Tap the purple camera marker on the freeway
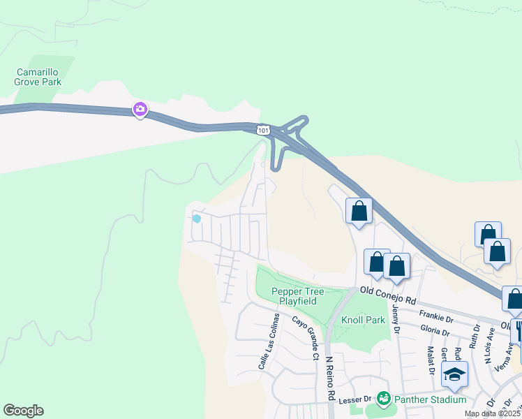click(x=140, y=109)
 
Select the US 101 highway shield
click(x=262, y=130)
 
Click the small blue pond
click(x=197, y=219)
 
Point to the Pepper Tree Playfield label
click(x=294, y=296)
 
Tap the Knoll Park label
click(x=363, y=320)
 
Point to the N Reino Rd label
click(x=329, y=378)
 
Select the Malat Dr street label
click(x=431, y=360)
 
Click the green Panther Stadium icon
click(x=382, y=399)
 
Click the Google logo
click(x=23, y=411)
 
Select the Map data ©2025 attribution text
click(x=492, y=413)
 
